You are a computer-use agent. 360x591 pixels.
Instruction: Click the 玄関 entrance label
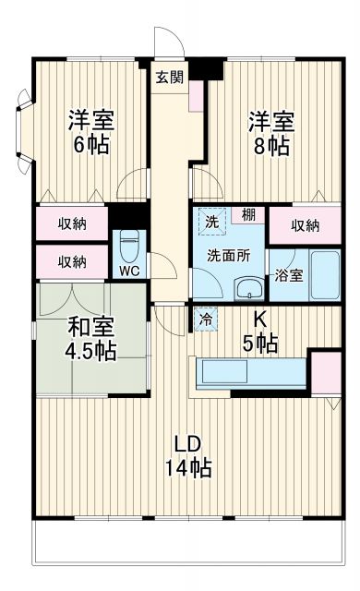tap(168, 77)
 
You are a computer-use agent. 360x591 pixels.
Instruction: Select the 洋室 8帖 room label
tap(270, 131)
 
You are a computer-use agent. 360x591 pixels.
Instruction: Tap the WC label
tap(128, 271)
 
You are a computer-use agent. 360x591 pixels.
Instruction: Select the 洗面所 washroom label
tap(228, 254)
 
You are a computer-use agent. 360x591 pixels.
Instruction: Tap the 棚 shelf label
tap(248, 215)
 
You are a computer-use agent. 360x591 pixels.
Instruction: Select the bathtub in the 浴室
tap(322, 274)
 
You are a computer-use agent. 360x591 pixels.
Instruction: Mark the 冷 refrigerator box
tap(205, 316)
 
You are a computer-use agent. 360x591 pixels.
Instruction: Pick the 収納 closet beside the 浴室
tap(306, 225)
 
